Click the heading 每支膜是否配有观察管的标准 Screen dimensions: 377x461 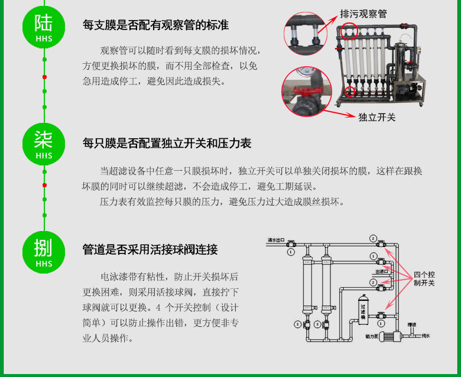click(155, 25)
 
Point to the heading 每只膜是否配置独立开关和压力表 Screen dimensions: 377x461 click(167, 143)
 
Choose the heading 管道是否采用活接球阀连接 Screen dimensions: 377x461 click(150, 250)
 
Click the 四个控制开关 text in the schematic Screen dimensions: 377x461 click(424, 279)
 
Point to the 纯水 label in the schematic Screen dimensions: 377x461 click(426, 336)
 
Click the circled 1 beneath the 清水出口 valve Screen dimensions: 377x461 click(290, 252)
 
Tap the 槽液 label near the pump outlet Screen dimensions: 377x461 click(411, 324)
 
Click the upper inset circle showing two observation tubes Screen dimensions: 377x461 click(305, 35)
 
